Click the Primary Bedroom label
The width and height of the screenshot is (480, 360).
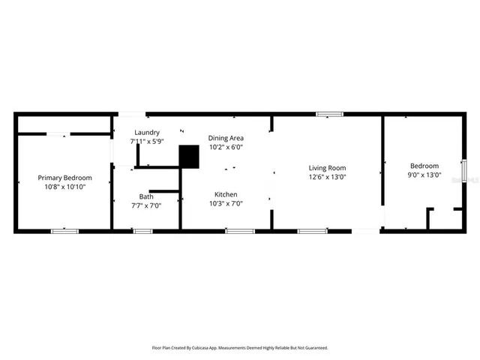[x=64, y=178]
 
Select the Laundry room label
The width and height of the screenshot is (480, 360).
[x=125, y=132]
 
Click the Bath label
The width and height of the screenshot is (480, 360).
[x=145, y=196]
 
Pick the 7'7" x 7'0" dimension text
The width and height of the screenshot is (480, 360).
[x=145, y=205]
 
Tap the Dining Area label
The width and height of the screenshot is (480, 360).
[x=226, y=138]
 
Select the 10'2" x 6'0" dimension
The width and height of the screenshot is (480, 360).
[x=226, y=147]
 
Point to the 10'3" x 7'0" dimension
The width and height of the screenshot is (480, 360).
[x=226, y=202]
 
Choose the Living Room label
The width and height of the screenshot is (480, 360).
[x=327, y=167]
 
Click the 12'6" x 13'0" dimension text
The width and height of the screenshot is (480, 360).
[x=327, y=177]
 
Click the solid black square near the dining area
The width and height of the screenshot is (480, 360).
[x=189, y=156]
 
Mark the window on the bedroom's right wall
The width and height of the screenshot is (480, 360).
[x=463, y=170]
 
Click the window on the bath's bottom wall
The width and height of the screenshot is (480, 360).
[x=142, y=231]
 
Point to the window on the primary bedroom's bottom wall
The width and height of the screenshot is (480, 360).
[x=64, y=231]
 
